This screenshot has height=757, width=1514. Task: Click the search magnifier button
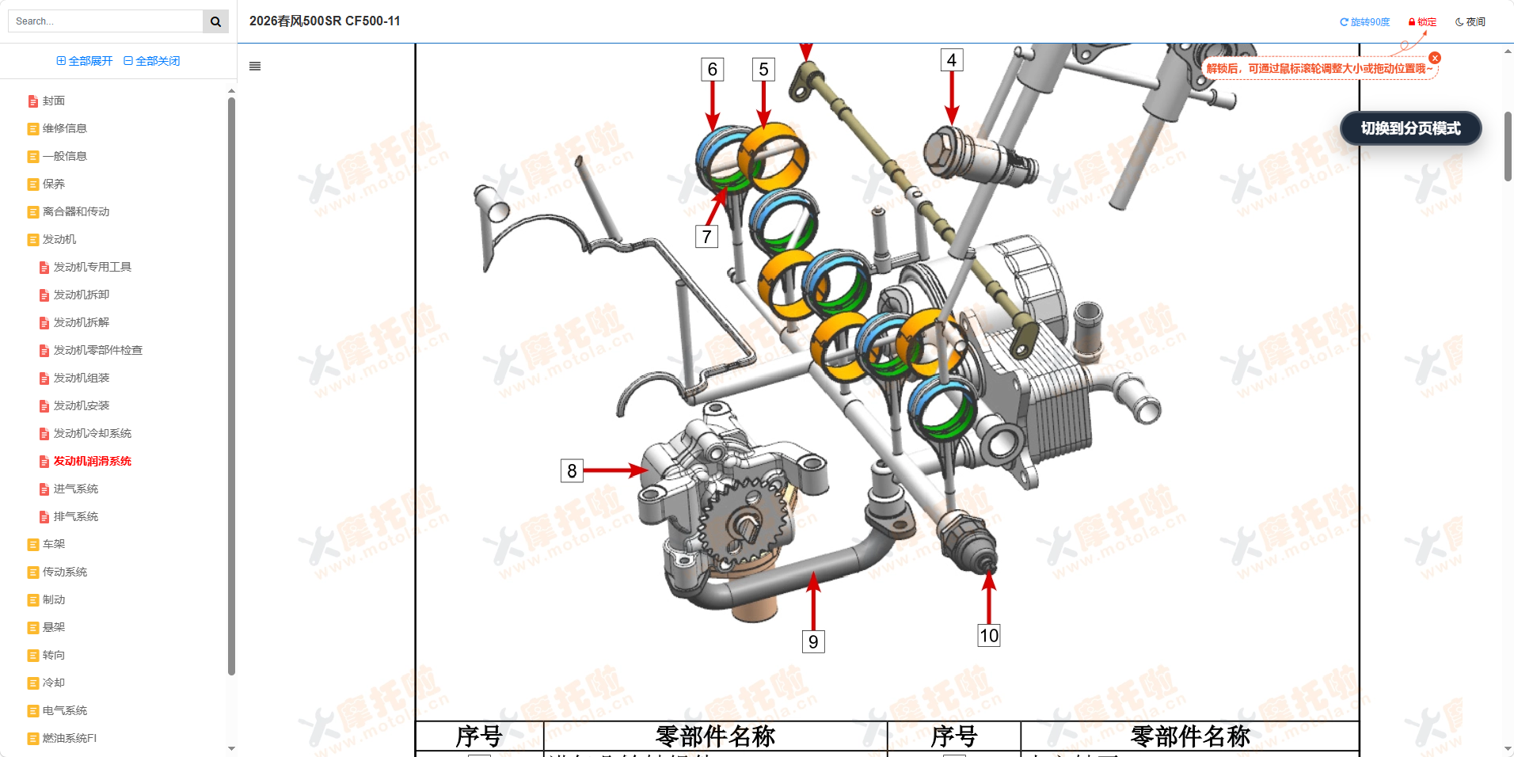click(x=215, y=21)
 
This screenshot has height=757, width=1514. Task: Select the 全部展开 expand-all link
click(x=85, y=61)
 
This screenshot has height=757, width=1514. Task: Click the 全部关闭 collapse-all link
click(x=152, y=61)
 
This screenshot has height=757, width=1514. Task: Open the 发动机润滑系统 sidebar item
click(x=92, y=461)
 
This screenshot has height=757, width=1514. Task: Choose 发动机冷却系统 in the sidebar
click(x=92, y=433)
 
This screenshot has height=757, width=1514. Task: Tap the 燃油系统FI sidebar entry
click(x=69, y=738)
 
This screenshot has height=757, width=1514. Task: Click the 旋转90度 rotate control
click(x=1364, y=22)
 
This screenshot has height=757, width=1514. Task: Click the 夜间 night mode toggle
click(x=1470, y=22)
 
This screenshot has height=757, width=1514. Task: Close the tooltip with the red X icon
click(x=1435, y=58)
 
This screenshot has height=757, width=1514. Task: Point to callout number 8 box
click(x=572, y=471)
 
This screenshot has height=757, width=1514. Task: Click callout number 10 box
click(x=989, y=635)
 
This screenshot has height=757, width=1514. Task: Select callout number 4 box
click(x=952, y=60)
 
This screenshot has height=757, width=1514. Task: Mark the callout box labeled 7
click(x=706, y=237)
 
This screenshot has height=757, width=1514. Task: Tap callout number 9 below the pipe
click(x=813, y=641)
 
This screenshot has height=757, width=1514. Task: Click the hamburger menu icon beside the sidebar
click(x=255, y=67)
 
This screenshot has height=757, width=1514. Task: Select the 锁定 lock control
click(x=1422, y=22)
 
